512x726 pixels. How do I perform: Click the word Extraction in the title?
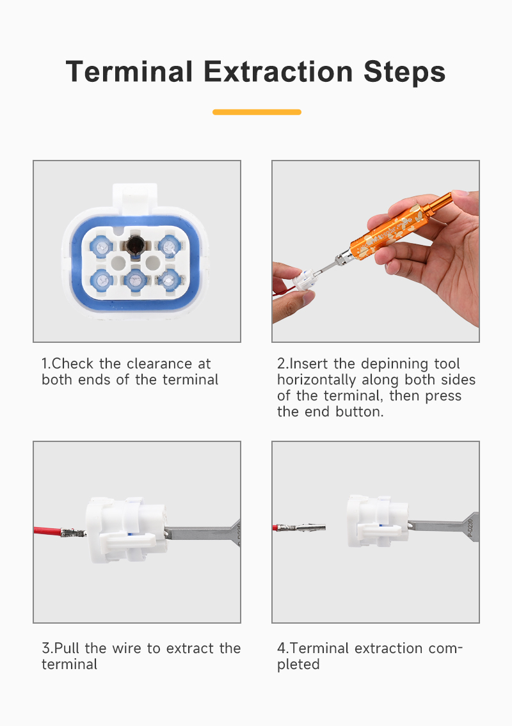278,72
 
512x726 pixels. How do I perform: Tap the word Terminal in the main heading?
129,72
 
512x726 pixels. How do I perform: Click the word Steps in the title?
404,72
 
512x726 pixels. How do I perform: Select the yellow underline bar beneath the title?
257,112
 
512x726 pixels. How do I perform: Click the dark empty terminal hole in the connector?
135,244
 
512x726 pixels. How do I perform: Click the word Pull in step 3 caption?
67,648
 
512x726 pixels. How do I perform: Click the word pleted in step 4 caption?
298,665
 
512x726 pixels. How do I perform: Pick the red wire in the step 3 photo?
47,531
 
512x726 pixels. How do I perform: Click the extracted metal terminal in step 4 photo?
302,527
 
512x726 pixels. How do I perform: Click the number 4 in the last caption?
281,648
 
